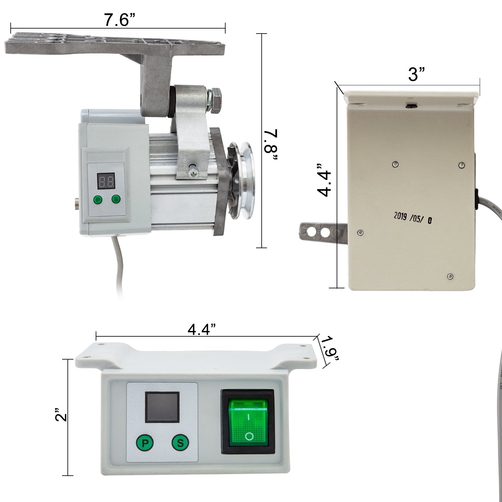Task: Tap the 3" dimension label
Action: [416, 74]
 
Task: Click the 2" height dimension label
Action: [61, 415]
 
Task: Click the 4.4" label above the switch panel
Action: [202, 329]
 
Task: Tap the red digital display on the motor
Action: [106, 181]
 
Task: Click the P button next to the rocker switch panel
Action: [145, 443]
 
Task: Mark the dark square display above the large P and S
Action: [162, 407]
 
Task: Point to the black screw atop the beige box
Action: [411, 106]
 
